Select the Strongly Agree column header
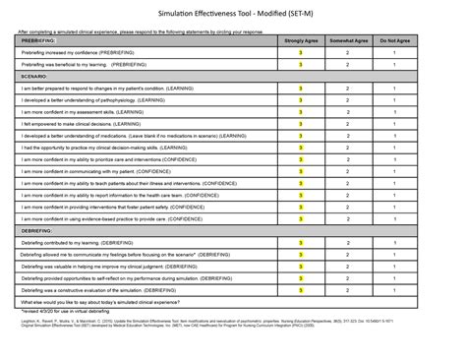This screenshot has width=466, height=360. [300, 40]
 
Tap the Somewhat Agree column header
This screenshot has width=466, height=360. [348, 40]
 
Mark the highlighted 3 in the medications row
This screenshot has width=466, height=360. [300, 138]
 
